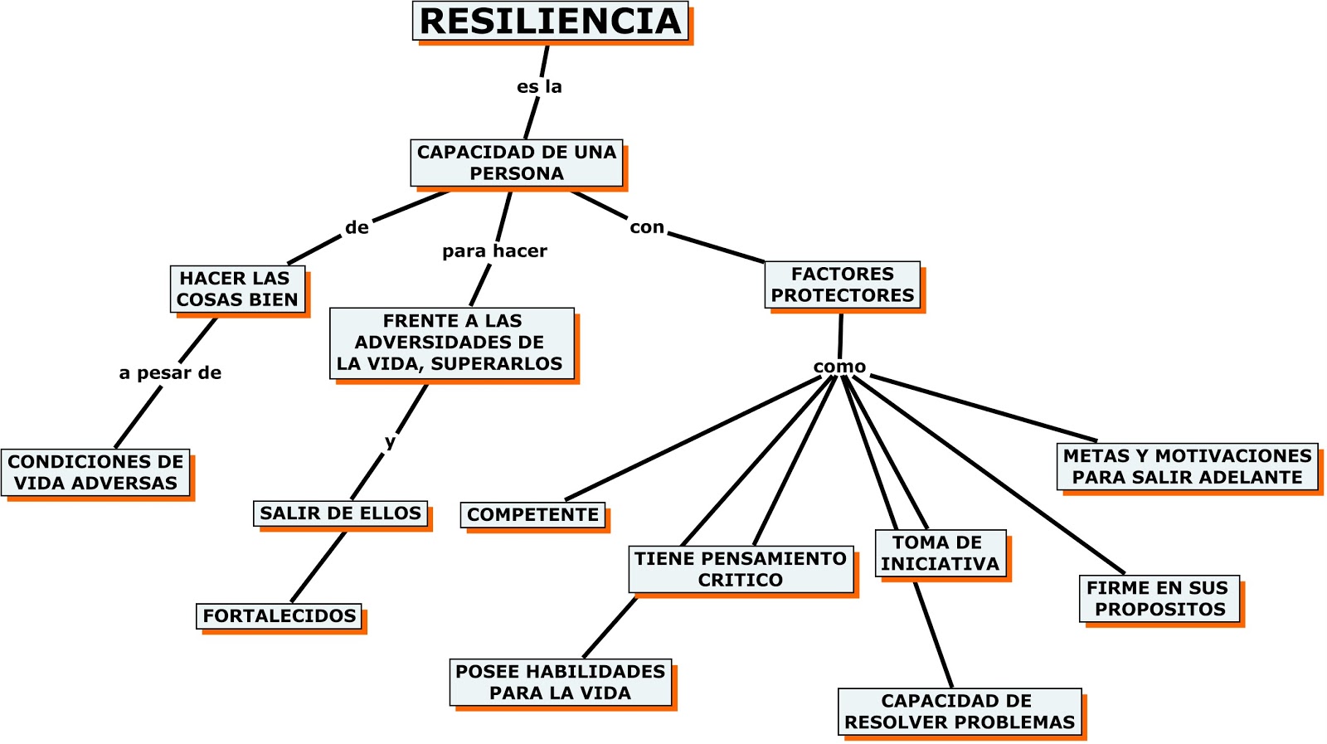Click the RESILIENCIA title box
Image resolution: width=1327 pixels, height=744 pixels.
551,22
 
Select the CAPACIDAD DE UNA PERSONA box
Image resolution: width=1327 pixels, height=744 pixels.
516,163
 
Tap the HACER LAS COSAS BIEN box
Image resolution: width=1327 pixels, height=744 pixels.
237,289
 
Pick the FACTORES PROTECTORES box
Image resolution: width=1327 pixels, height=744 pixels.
842,284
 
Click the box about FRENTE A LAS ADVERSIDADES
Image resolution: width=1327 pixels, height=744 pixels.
451,343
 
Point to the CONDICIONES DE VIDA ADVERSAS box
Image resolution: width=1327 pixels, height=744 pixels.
95,472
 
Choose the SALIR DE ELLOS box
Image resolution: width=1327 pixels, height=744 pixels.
340,513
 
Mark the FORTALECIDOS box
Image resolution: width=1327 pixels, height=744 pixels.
279,616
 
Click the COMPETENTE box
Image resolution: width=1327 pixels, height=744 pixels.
532,515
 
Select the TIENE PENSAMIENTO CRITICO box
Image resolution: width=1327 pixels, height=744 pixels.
740,569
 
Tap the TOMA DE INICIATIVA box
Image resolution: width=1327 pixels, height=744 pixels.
940,553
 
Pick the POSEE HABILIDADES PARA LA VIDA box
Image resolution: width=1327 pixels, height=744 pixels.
560,682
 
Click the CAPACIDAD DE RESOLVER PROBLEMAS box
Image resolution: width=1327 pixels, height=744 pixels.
959,712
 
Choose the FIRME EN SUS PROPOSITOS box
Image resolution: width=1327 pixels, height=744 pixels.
1159,598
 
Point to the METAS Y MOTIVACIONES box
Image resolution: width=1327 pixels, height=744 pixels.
1187,466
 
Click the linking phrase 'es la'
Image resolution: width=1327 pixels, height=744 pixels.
539,86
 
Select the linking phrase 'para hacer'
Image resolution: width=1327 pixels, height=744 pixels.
494,250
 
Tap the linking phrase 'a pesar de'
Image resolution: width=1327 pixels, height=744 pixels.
170,373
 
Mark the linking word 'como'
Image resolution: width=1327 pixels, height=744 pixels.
839,367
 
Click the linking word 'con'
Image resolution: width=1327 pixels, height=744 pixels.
647,227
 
